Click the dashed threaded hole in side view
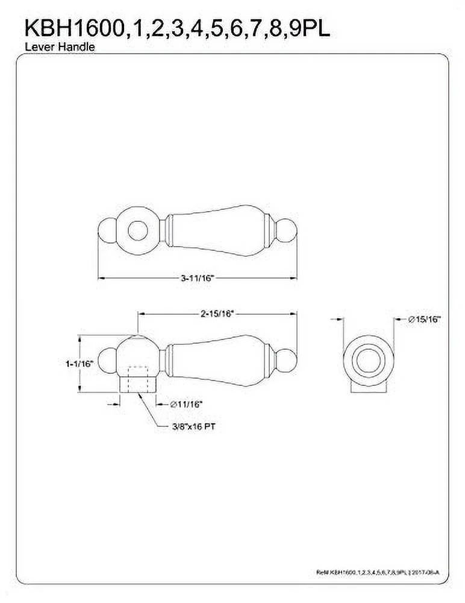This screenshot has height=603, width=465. point(137,375)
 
